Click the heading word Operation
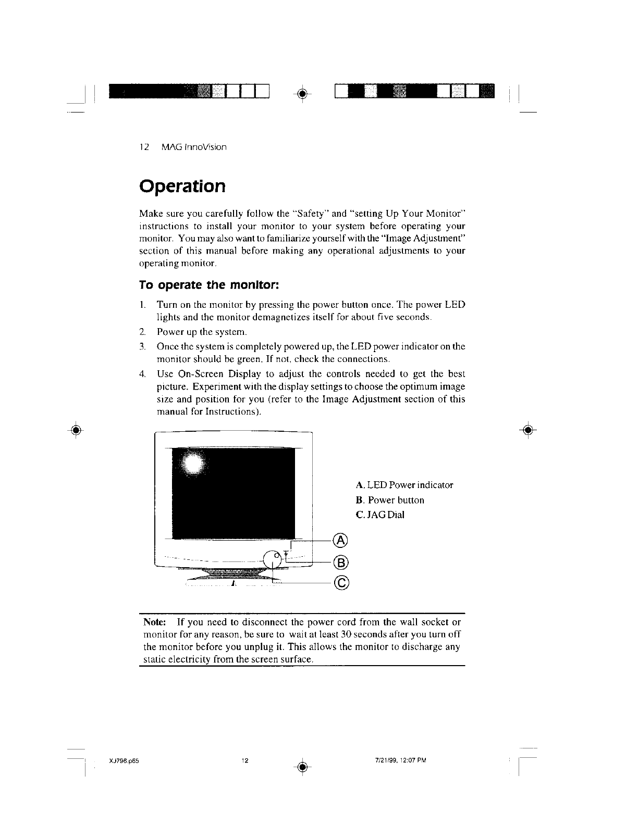tap(182, 186)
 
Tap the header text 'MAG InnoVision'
tap(194, 147)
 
